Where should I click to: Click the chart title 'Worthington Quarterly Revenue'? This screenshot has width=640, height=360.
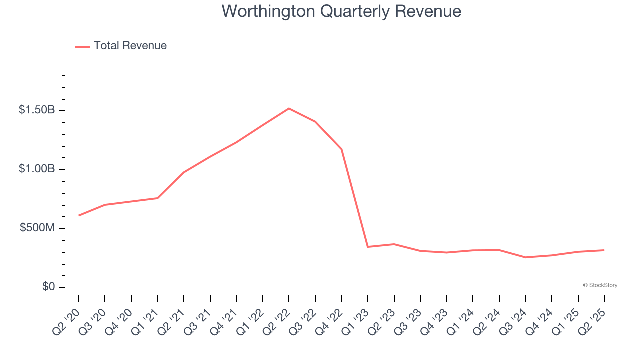pyautogui.click(x=341, y=11)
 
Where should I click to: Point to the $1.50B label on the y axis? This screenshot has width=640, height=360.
pyautogui.click(x=37, y=110)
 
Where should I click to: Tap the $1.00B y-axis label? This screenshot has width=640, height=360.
pyautogui.click(x=37, y=169)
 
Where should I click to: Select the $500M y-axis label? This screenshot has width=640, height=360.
pyautogui.click(x=37, y=228)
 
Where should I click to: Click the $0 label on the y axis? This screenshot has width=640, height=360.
pyautogui.click(x=48, y=287)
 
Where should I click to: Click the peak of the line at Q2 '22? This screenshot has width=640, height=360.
pyautogui.click(x=289, y=108)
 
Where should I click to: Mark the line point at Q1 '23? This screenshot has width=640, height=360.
pyautogui.click(x=368, y=247)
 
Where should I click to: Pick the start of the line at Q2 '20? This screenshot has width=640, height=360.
pyautogui.click(x=79, y=215)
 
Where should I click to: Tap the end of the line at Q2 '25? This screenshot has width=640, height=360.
pyautogui.click(x=604, y=250)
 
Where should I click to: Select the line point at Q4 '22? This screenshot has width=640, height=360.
pyautogui.click(x=341, y=149)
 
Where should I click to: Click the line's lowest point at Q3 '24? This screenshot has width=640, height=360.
pyautogui.click(x=525, y=257)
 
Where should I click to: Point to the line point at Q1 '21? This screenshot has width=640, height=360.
pyautogui.click(x=158, y=198)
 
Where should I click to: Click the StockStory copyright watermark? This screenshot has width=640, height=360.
pyautogui.click(x=600, y=285)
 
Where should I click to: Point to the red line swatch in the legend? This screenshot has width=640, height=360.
pyautogui.click(x=82, y=46)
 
